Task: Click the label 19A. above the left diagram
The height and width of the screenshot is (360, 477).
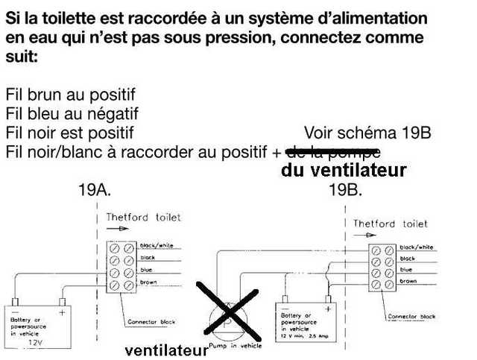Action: point(95,190)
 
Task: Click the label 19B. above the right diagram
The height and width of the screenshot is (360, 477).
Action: point(346,190)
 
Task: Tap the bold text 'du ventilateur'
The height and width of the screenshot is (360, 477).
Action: point(344,171)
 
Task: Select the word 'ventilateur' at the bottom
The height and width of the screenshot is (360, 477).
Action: point(165,350)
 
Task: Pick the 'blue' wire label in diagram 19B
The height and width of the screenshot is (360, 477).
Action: point(406,269)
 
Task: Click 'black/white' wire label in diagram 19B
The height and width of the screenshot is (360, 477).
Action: point(417,247)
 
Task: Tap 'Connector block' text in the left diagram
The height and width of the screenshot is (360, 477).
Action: point(151,322)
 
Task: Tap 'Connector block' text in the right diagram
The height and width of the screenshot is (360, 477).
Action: point(411,317)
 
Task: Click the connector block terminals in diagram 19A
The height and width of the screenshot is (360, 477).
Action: point(121,264)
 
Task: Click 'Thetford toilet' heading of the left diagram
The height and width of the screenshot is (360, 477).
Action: point(143,218)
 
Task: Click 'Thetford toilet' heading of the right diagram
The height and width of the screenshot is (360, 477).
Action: point(390,224)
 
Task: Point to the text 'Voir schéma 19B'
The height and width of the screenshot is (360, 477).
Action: point(367,133)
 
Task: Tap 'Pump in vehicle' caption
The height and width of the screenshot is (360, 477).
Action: point(231,347)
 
